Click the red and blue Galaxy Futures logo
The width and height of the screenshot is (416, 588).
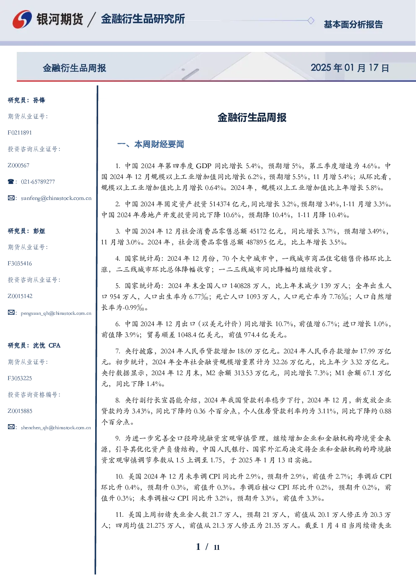[x=22, y=19]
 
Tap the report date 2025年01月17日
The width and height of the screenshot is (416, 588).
[x=350, y=68]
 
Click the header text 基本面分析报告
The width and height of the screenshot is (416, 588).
[x=353, y=24]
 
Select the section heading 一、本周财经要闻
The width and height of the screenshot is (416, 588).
[x=151, y=144]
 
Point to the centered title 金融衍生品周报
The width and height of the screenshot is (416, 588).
[x=252, y=117]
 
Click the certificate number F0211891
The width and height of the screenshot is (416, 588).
[x=20, y=132]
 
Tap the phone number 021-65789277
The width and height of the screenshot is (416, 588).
[x=38, y=181]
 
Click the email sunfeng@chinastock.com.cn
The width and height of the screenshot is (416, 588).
[x=56, y=198]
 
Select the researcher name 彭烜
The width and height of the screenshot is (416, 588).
[x=39, y=231]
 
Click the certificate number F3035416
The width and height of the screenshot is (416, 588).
[x=20, y=264]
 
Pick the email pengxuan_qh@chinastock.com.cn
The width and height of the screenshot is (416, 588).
[x=56, y=313]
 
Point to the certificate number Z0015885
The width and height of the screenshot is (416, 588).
[x=20, y=411]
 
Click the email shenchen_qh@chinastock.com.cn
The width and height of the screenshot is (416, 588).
[x=56, y=427]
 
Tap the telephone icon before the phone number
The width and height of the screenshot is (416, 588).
[x=11, y=181]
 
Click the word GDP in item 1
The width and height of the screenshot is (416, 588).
[x=203, y=166]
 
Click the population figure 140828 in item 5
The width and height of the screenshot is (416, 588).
[x=242, y=286]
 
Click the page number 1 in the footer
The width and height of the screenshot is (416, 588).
[x=198, y=547]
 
